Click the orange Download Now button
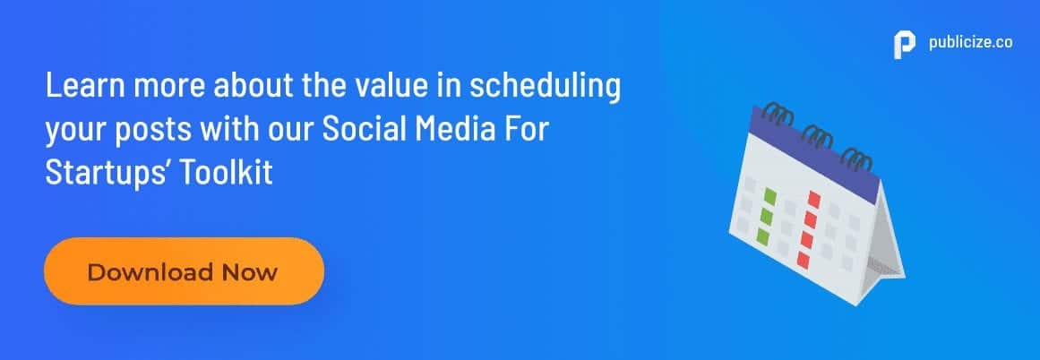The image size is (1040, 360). pyautogui.click(x=184, y=271)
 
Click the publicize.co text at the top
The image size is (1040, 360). pyautogui.click(x=970, y=42)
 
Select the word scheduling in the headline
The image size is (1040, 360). pyautogui.click(x=546, y=89)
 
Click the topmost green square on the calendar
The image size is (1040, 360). pyautogui.click(x=770, y=196)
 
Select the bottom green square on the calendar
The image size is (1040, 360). pyautogui.click(x=762, y=236)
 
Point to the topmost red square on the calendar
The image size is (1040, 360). pyautogui.click(x=814, y=200)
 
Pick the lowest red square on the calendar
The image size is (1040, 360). pyautogui.click(x=803, y=259)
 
